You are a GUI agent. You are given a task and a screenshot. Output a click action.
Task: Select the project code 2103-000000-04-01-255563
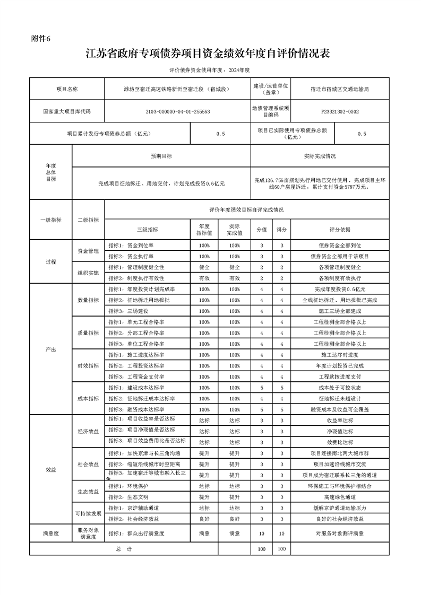click(x=177, y=112)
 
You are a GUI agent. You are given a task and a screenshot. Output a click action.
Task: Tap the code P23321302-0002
click(x=340, y=112)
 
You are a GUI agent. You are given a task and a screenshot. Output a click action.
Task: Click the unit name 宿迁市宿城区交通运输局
click(x=340, y=89)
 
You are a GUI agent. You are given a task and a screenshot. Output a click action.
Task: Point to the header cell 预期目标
click(x=161, y=156)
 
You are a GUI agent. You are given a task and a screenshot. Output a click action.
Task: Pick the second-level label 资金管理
click(x=88, y=251)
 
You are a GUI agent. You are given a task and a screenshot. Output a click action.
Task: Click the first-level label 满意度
click(x=51, y=533)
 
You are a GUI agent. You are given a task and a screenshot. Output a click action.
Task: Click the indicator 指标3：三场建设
click(x=128, y=310)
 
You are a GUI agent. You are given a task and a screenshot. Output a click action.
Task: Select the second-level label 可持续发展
click(x=88, y=513)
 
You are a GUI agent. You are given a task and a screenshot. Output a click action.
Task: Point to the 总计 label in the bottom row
click(x=123, y=549)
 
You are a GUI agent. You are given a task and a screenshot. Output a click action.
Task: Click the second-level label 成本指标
click(x=88, y=398)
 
